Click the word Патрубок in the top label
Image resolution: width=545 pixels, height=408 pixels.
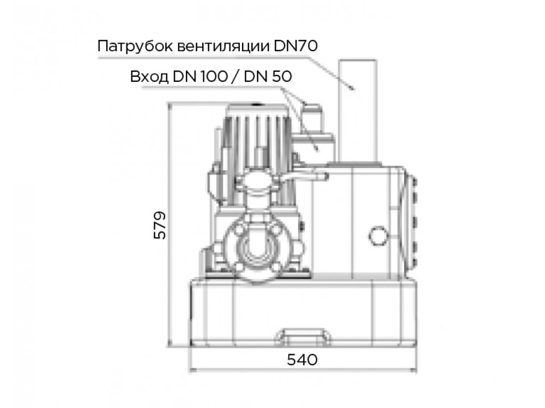click(135, 46)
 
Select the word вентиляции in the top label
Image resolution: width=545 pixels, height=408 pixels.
click(223, 46)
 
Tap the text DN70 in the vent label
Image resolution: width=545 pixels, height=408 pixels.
click(295, 46)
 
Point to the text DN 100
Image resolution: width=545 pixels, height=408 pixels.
click(200, 76)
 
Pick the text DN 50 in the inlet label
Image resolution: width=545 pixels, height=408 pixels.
click(268, 76)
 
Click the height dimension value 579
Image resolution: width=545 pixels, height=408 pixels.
click(160, 225)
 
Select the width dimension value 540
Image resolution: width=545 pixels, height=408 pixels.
click(302, 359)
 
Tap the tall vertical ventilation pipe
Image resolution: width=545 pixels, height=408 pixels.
click(358, 111)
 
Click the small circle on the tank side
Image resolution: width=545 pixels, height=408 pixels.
click(378, 236)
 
